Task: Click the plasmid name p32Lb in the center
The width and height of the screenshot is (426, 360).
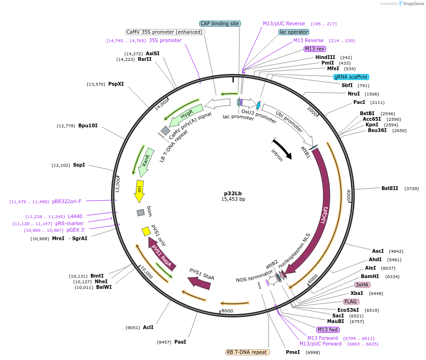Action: [x=233, y=193]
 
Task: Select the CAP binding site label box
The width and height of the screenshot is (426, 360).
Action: [x=220, y=23]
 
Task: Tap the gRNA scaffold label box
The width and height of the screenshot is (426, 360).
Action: [x=351, y=77]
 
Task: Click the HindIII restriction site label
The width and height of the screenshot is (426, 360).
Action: [x=325, y=57]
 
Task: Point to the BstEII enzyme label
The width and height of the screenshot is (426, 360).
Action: [x=389, y=188]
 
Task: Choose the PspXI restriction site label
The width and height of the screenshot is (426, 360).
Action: [x=116, y=84]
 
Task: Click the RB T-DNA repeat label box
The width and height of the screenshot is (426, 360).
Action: [x=247, y=352]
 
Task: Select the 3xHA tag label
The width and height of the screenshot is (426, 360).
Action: [x=362, y=285]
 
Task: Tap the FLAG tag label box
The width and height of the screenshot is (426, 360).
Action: [x=351, y=301]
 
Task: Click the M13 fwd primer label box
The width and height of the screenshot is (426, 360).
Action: [x=328, y=330]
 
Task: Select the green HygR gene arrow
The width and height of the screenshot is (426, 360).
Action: [x=185, y=116]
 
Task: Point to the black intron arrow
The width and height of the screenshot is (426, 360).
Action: [x=283, y=149]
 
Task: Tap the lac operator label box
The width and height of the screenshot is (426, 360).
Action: [x=294, y=32]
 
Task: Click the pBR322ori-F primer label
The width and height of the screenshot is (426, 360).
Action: [x=67, y=201]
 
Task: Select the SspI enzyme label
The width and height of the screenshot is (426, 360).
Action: [x=79, y=165]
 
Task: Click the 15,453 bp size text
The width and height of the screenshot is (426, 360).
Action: [x=233, y=199]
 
